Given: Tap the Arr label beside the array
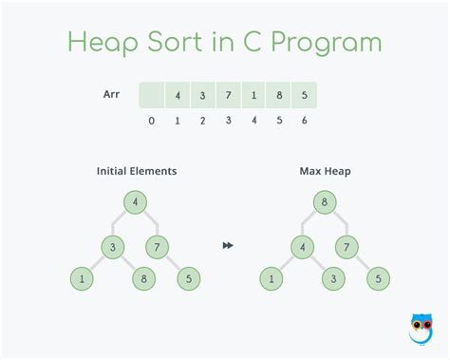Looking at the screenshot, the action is [x=112, y=94].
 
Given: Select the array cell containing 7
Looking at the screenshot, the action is [x=228, y=96].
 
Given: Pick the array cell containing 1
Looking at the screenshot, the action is [x=253, y=96].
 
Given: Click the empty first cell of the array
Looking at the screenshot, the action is [x=152, y=96].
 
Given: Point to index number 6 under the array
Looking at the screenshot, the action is [x=305, y=122].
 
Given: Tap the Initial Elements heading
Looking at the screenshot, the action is [x=137, y=171].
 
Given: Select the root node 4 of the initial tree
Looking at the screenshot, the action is [x=136, y=201].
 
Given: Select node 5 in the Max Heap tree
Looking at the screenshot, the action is [x=377, y=279].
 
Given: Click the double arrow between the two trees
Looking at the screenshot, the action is [x=228, y=246].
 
